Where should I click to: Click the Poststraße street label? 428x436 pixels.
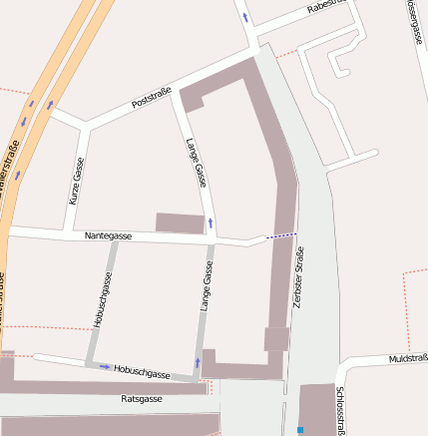click(x=152, y=98)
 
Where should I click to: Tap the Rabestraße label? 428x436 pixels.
click(x=326, y=7)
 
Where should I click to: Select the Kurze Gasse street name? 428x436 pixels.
click(x=76, y=181)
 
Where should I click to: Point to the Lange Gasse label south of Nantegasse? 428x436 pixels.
click(x=208, y=286)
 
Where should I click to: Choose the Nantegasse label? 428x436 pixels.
click(x=109, y=235)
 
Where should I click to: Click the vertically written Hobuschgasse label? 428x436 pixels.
click(x=101, y=300)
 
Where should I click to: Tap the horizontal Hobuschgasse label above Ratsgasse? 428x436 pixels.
click(x=141, y=372)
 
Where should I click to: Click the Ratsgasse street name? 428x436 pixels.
click(x=141, y=398)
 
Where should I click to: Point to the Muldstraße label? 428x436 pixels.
click(x=408, y=357)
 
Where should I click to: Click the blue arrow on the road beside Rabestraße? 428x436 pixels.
click(x=245, y=17)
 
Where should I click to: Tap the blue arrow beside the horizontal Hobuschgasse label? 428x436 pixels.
click(x=105, y=366)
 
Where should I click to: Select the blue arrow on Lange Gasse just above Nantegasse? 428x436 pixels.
click(x=211, y=221)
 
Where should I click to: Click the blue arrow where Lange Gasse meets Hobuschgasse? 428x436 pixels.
click(x=199, y=361)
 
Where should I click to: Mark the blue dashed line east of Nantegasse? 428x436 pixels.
click(x=281, y=235)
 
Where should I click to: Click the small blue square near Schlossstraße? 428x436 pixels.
click(x=299, y=430)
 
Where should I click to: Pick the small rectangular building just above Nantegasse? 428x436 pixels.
click(x=180, y=222)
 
